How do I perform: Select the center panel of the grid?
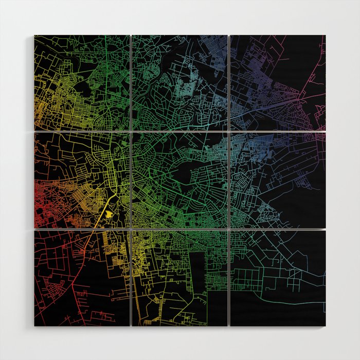pos(179,181)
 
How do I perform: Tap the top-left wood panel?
pos(82,82)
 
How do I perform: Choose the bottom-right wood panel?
pos(278,278)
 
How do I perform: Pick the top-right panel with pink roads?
pos(278,82)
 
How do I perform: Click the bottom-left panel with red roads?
pos(82,278)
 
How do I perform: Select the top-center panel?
pos(179,82)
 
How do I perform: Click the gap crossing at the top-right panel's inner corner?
pos(229,131)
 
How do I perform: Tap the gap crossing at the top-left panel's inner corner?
pos(131,131)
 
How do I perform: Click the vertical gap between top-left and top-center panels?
pos(131,82)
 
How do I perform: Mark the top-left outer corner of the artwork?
pos(35,35)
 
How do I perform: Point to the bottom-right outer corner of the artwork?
pos(325,326)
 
